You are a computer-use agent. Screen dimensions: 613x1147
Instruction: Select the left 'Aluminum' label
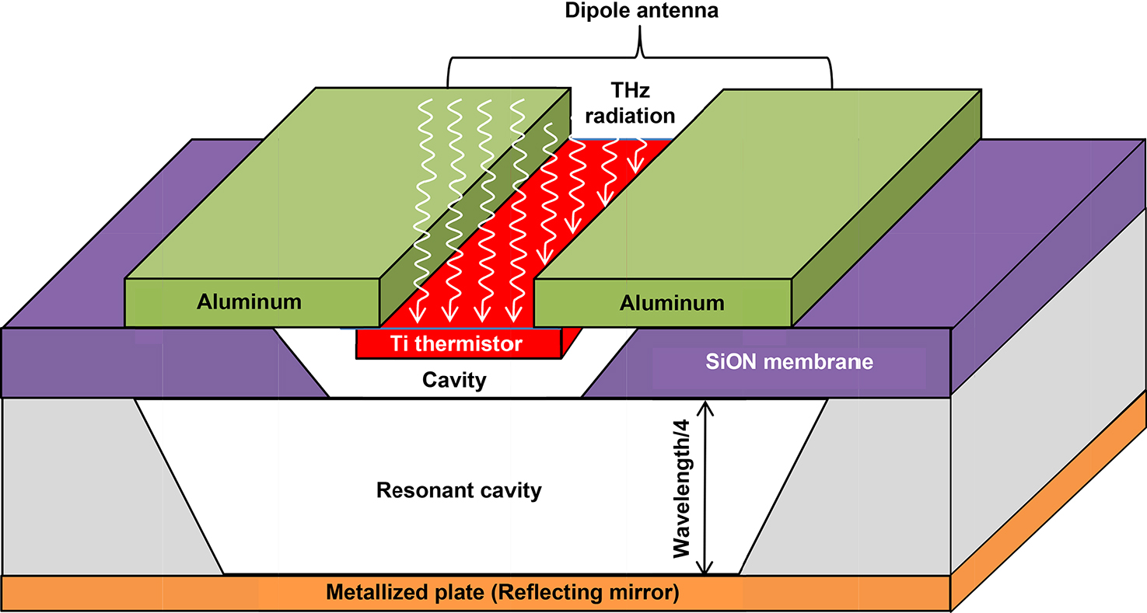click(x=249, y=301)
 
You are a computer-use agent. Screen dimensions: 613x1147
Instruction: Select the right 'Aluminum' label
click(x=671, y=303)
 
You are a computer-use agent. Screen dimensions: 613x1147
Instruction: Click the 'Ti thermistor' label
click(x=457, y=343)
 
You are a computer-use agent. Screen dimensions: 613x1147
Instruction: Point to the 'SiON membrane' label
click(x=790, y=361)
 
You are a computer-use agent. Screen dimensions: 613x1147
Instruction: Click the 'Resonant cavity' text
click(x=458, y=491)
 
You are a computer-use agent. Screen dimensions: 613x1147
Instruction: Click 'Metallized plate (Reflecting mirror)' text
click(x=502, y=594)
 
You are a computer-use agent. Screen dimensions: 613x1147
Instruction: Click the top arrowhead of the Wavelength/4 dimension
click(x=705, y=405)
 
